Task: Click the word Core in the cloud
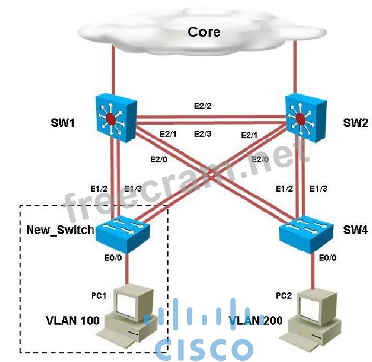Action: (204, 33)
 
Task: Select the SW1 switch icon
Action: (114, 118)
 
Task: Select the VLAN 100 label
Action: (73, 321)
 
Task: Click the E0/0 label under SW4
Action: (329, 257)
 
